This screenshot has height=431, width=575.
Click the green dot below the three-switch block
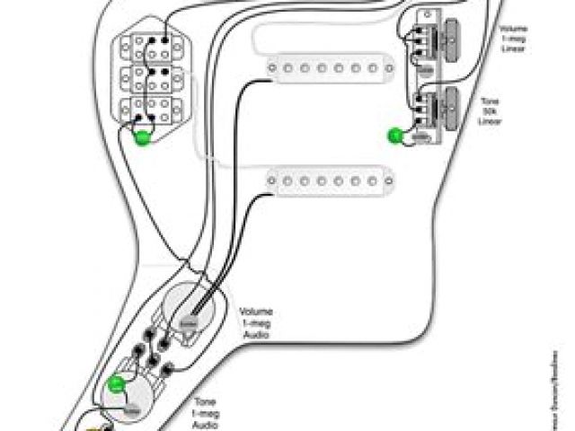142,137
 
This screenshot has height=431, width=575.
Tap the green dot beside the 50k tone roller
394,136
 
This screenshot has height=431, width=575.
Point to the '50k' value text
490,110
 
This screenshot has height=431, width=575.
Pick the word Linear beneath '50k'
490,120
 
